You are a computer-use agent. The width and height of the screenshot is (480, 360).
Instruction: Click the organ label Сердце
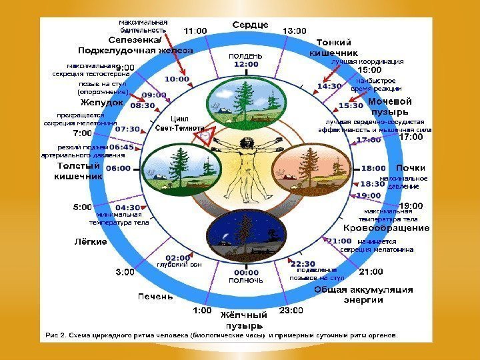250,25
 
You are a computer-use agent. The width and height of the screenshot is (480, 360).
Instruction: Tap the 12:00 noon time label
246,65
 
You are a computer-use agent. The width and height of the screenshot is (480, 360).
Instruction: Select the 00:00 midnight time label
246,272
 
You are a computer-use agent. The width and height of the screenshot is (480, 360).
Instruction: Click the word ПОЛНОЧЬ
246,281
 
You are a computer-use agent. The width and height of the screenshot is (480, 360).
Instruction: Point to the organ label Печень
155,295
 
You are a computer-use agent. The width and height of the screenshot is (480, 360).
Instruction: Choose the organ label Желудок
101,103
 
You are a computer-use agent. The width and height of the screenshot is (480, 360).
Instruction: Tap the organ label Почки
411,167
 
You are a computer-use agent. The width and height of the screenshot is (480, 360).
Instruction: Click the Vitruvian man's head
246,141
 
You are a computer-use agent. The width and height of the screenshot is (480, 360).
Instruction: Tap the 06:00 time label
118,169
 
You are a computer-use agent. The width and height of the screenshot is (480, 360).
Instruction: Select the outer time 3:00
125,271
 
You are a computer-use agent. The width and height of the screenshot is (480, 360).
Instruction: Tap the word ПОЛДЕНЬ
246,55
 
